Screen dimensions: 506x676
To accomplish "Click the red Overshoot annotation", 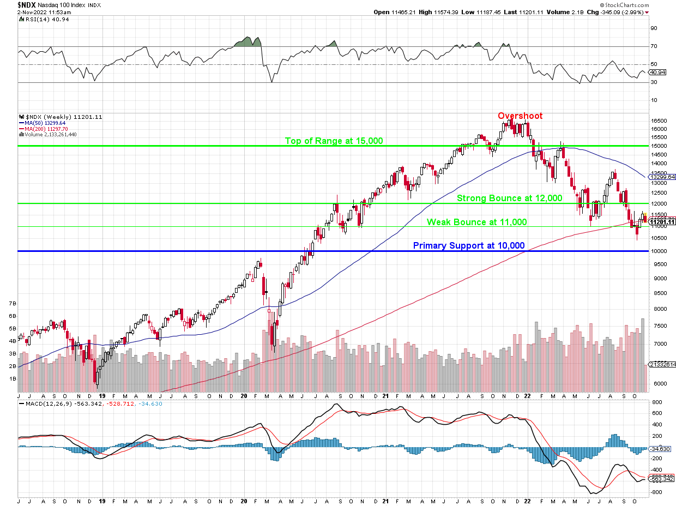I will (520, 116).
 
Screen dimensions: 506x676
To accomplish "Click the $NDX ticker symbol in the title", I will (27, 4).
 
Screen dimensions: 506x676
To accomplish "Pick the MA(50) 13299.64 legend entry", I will (46, 123).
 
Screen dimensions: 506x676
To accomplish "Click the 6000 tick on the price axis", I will (660, 384).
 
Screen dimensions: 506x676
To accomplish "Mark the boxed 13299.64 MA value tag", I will (663, 177).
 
